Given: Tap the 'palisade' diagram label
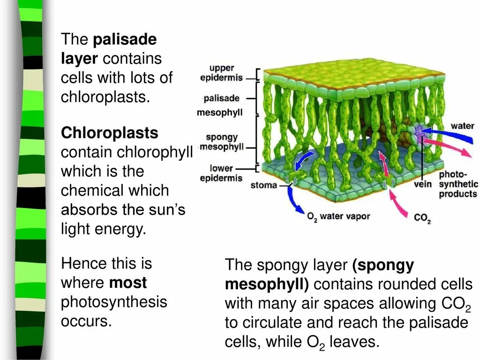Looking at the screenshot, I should coord(222,98).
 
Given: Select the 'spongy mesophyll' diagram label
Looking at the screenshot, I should coord(222,142).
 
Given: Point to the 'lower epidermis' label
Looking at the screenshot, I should coord(221,173).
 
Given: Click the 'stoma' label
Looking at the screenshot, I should coord(263,185).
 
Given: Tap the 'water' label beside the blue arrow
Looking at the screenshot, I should coord(462,126).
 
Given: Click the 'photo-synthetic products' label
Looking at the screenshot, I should coord(458,184).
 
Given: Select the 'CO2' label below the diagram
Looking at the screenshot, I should coord(422,218).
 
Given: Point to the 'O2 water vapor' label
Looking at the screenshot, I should coord(338,217).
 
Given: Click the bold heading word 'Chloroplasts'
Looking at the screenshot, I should coord(110,133).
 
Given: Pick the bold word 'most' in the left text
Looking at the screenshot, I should coord(128,283).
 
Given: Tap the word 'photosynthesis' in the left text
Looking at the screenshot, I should coord(114,302).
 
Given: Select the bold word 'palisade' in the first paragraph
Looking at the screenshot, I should coord(125,39).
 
